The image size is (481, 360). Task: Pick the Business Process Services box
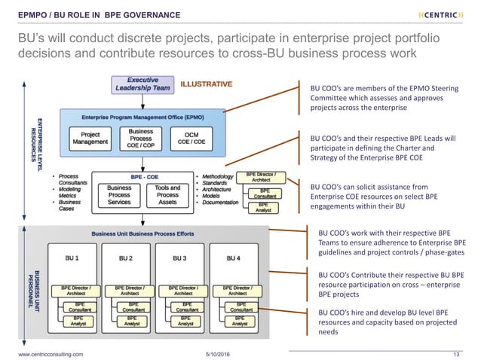coord(119,194)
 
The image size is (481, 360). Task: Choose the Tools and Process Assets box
coord(167,194)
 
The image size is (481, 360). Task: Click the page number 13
coord(455,352)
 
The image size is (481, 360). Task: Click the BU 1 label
coord(72,258)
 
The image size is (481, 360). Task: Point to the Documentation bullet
coord(220,203)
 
